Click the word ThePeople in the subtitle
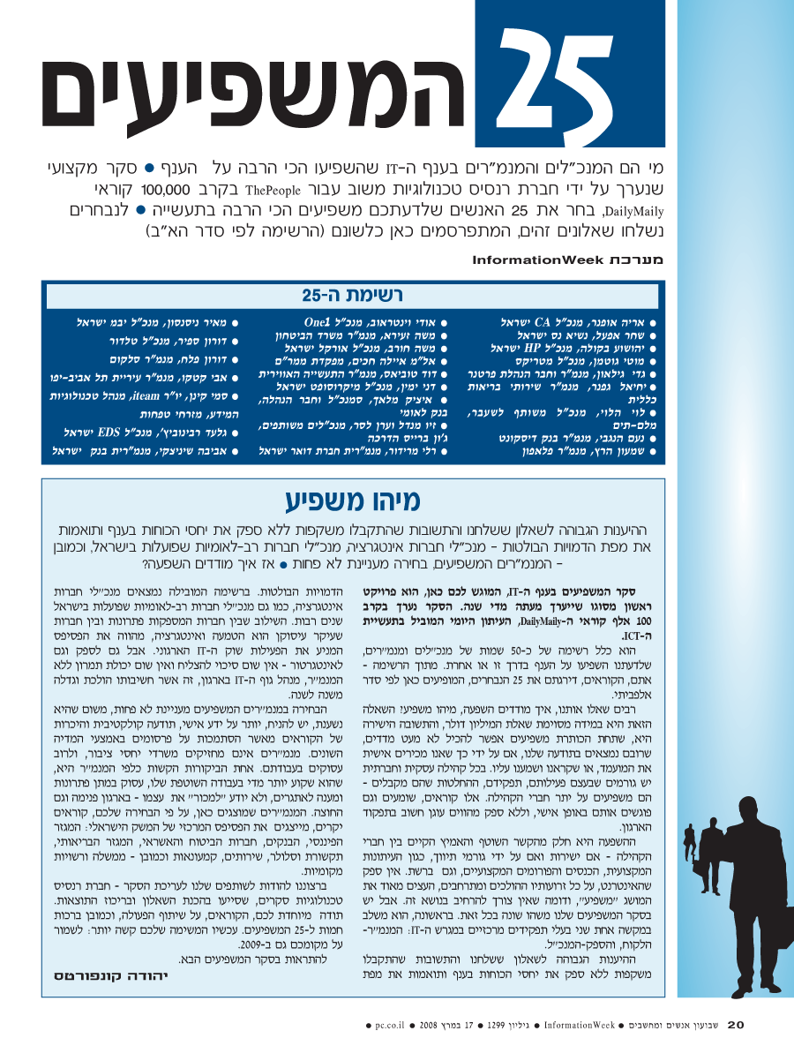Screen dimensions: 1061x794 [x=281, y=190]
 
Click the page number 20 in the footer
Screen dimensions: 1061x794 [x=737, y=1025]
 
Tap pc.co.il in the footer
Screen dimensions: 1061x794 [x=389, y=1026]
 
